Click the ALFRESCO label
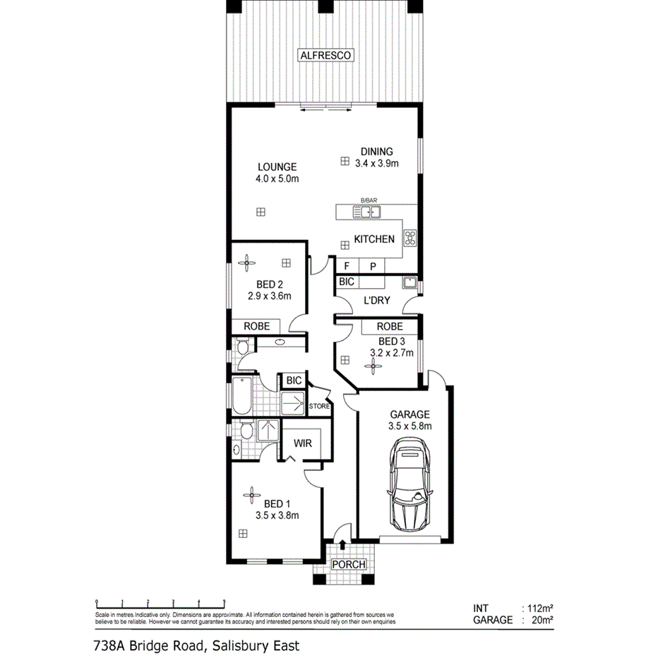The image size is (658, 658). [x=325, y=54]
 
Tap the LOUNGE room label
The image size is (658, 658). [x=277, y=167]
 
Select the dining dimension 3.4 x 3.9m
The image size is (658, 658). [x=377, y=163]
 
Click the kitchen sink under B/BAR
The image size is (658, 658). [x=367, y=210]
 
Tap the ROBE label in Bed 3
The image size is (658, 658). [x=390, y=327]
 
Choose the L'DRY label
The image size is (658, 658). [x=376, y=300]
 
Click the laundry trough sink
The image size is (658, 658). [x=409, y=284]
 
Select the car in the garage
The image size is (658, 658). [x=409, y=488]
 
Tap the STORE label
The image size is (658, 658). [x=319, y=406]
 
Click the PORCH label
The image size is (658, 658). [x=349, y=565]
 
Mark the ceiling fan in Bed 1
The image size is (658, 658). [x=249, y=496]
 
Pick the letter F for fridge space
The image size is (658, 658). [x=347, y=266]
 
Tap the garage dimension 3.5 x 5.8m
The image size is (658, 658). [x=409, y=426]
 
